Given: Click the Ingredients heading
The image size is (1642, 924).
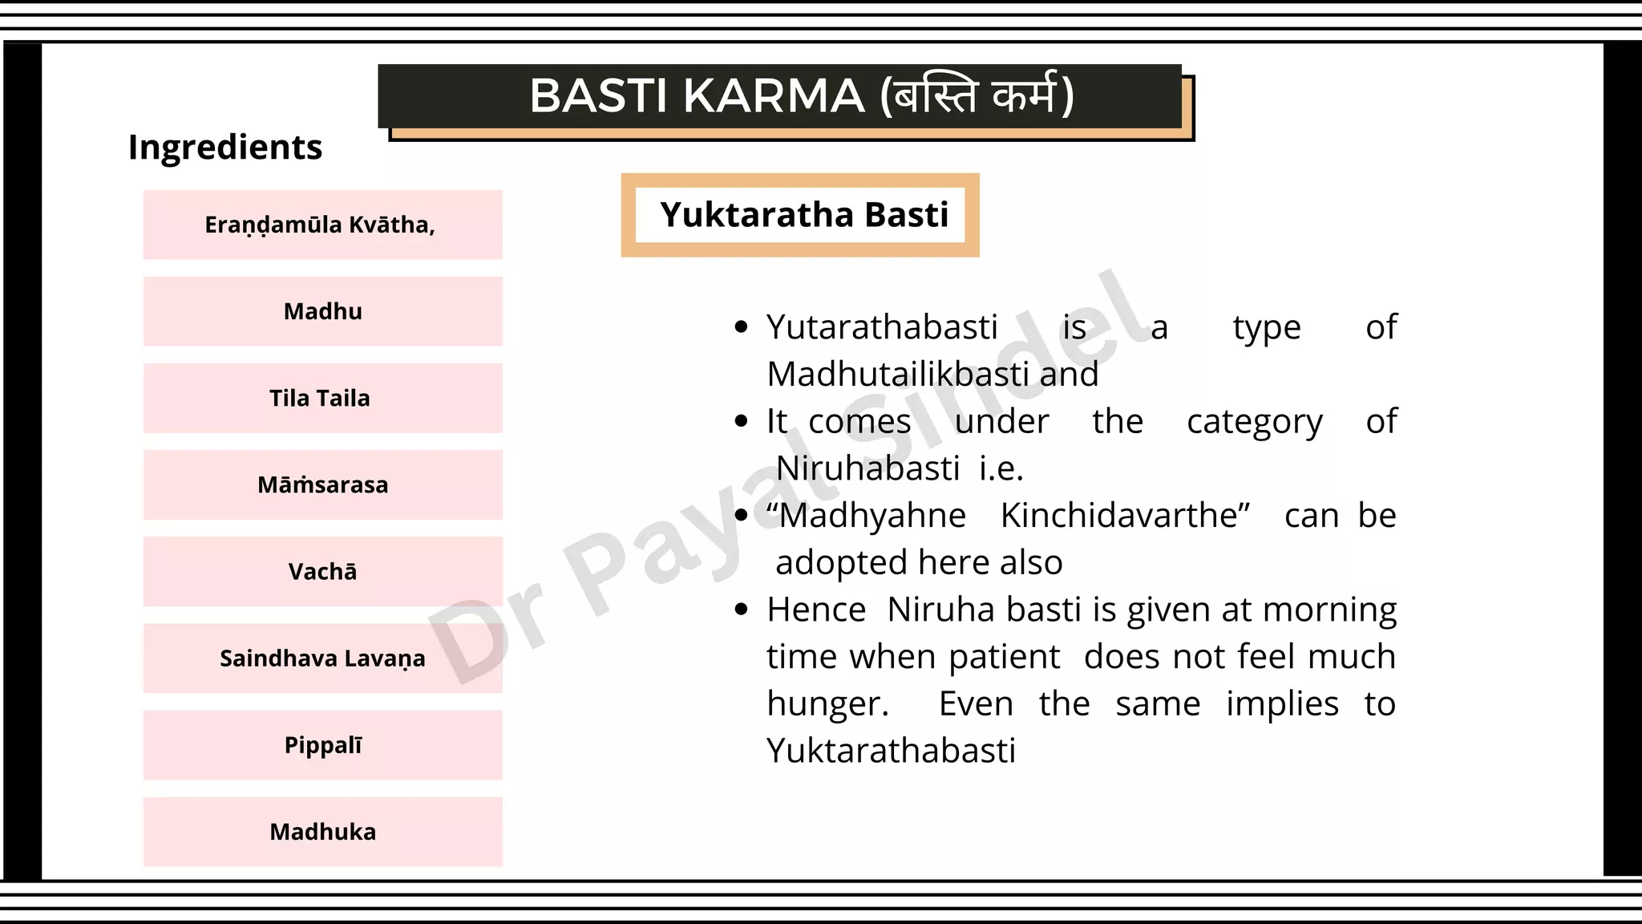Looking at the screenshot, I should pyautogui.click(x=225, y=148).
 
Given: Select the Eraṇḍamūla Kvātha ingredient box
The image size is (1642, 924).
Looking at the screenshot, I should pyautogui.click(x=322, y=225).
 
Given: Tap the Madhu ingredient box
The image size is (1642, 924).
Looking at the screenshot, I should pyautogui.click(x=322, y=311).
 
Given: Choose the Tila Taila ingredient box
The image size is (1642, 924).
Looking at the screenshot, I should pyautogui.click(x=322, y=398).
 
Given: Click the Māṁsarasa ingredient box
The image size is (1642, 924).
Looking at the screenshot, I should pyautogui.click(x=322, y=484).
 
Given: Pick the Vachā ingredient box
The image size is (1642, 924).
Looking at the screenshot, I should pyautogui.click(x=322, y=571).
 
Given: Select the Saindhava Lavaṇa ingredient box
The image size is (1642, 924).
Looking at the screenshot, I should pyautogui.click(x=322, y=658).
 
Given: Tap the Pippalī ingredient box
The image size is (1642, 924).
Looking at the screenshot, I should pyautogui.click(x=322, y=745).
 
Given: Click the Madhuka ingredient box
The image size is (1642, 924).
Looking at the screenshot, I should pyautogui.click(x=322, y=832).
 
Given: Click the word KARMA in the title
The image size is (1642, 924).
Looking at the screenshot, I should pyautogui.click(x=774, y=96).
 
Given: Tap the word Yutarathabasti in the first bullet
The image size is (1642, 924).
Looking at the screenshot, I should pyautogui.click(x=882, y=327).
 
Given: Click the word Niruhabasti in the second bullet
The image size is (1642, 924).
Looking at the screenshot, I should pyautogui.click(x=868, y=468).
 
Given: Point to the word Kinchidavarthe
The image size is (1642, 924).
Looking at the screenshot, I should pyautogui.click(x=1124, y=516).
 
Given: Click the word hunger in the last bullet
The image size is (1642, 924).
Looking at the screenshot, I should pyautogui.click(x=826, y=704).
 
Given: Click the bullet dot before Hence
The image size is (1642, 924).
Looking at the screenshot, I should pyautogui.click(x=741, y=610).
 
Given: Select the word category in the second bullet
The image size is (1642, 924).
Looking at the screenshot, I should pyautogui.click(x=1254, y=422).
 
